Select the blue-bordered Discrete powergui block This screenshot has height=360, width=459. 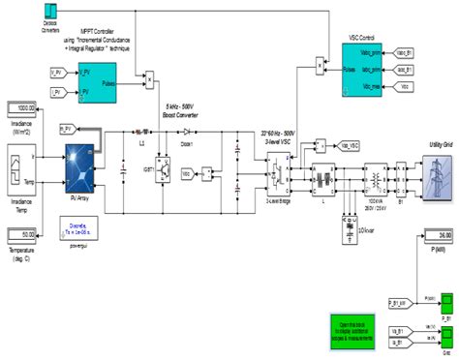(x=80, y=228)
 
